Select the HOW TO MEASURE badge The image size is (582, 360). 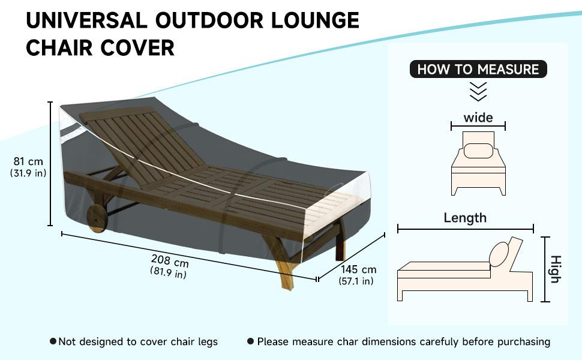click(x=478, y=69)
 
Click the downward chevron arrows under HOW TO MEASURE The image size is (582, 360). click(x=478, y=92)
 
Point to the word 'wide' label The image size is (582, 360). click(x=478, y=117)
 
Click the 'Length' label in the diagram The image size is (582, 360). click(x=465, y=217)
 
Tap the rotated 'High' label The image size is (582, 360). click(x=556, y=269)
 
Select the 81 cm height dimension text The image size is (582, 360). click(x=28, y=161)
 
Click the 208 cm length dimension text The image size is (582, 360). click(x=170, y=262)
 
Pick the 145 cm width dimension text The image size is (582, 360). click(x=358, y=269)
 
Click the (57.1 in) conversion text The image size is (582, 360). click(x=356, y=281)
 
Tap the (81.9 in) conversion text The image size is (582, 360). click(x=168, y=274)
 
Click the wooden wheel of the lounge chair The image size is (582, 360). click(x=98, y=219)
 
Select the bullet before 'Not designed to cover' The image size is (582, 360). click(x=53, y=341)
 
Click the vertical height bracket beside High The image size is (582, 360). click(x=545, y=269)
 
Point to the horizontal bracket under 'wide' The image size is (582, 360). click(x=478, y=126)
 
